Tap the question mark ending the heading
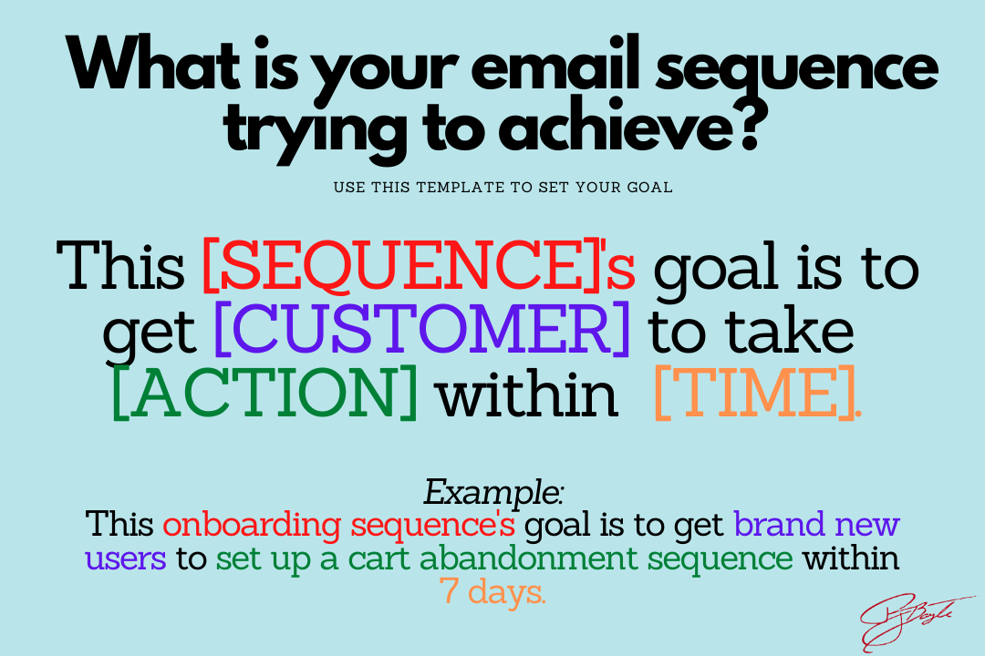click(747, 127)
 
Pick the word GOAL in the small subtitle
click(649, 187)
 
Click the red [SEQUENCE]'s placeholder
click(419, 266)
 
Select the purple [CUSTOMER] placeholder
click(422, 328)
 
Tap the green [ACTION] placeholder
click(264, 393)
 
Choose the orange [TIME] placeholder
click(758, 393)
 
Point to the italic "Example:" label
click(493, 491)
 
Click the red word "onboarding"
click(252, 525)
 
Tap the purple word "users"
click(126, 559)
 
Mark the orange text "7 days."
click(493, 591)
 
